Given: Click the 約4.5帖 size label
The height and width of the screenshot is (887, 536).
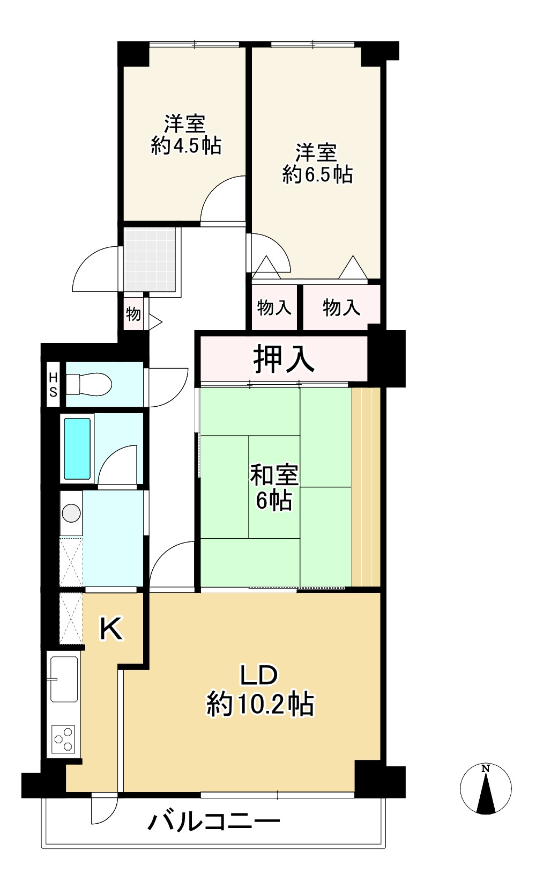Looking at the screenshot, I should point(187,146).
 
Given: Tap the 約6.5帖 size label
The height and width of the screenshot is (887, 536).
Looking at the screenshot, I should point(317,175).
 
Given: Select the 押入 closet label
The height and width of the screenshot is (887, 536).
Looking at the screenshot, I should point(284,358).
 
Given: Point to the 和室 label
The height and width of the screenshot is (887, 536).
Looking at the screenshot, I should point(274,475).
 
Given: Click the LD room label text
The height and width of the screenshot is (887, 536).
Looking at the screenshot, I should point(258,676).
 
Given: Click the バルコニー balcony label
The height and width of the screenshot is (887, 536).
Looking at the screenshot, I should point(214,822).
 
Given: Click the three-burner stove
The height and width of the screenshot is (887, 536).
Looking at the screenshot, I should point(64,739).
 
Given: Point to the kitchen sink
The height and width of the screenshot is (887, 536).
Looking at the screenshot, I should point(64,679).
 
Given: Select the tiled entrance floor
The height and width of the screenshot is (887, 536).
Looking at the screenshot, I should point(150,260).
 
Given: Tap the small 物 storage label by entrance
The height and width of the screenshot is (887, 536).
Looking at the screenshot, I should point(133,314).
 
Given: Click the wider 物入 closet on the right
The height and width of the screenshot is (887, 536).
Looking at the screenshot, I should point(341,308).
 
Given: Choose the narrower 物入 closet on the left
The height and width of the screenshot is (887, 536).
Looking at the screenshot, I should point(274,308).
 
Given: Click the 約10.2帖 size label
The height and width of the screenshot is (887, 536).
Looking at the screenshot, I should point(260,705).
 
